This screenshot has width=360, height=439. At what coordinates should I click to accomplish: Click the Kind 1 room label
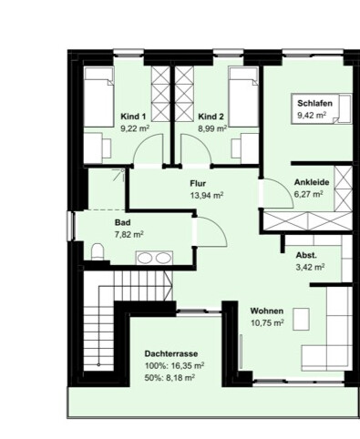pyautogui.click(x=133, y=117)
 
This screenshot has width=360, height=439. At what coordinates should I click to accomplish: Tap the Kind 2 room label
pyautogui.click(x=211, y=117)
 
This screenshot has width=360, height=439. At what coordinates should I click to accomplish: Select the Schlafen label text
pyautogui.click(x=314, y=103)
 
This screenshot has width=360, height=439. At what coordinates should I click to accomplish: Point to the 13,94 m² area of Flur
pyautogui.click(x=207, y=195)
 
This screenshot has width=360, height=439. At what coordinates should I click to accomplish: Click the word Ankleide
pyautogui.click(x=312, y=182)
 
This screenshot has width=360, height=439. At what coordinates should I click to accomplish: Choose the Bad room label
pyautogui.click(x=123, y=222)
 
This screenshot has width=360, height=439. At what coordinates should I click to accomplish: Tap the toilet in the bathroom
pyautogui.click(x=98, y=251)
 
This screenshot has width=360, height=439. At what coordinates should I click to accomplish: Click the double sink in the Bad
pyautogui.click(x=154, y=258)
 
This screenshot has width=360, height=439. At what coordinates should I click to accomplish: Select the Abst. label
pyautogui.click(x=306, y=255)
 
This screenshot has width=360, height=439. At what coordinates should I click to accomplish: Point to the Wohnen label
pyautogui.click(x=267, y=311)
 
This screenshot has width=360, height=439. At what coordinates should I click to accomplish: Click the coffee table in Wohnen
pyautogui.click(x=301, y=319)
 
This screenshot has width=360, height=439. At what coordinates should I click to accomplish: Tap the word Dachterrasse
pyautogui.click(x=171, y=353)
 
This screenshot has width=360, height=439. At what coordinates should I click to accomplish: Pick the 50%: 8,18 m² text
pyautogui.click(x=170, y=378)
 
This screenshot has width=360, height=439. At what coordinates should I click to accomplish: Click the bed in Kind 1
pyautogui.click(x=99, y=97)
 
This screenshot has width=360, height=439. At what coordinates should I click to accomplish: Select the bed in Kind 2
pyautogui.click(x=243, y=97)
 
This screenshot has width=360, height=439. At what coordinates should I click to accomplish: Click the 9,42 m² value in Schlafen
pyautogui.click(x=312, y=116)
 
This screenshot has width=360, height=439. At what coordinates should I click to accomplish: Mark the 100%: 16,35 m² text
pyautogui.click(x=174, y=366)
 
